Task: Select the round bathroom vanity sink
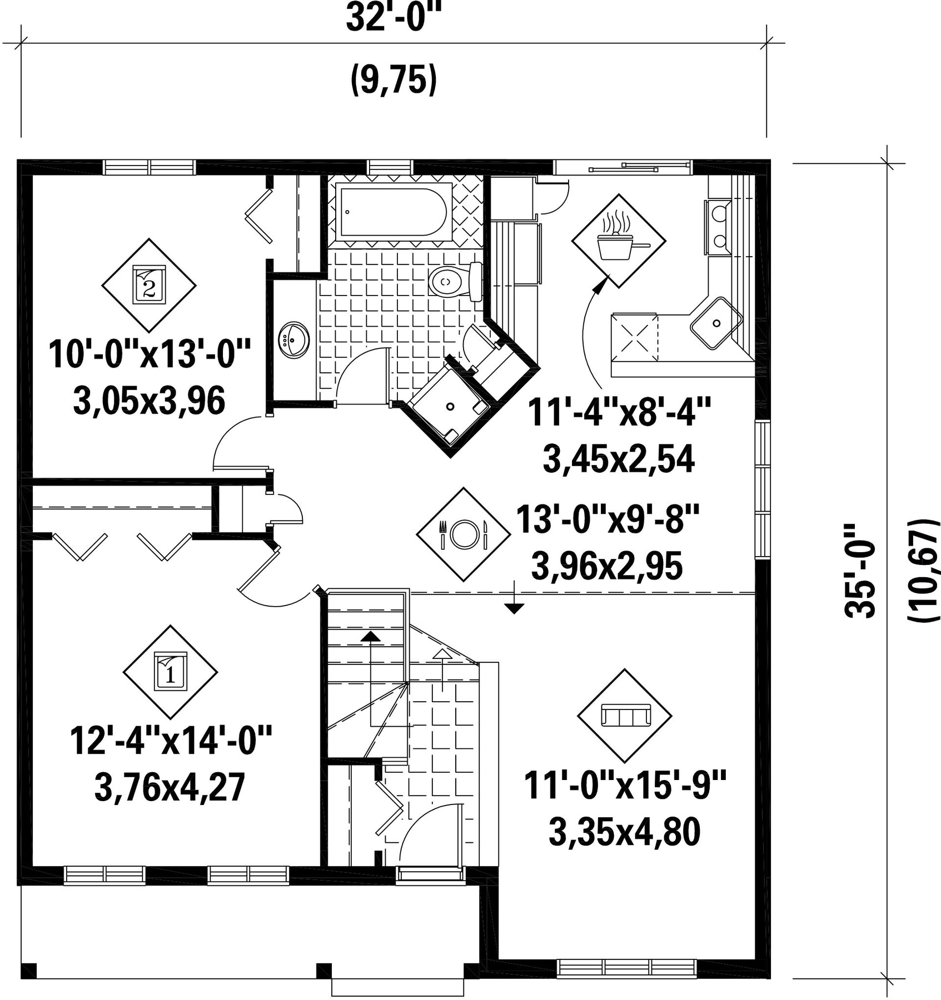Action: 295,339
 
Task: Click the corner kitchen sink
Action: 717,323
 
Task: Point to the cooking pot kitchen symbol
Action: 619,241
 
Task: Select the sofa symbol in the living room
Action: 625,716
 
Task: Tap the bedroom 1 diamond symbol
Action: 170,672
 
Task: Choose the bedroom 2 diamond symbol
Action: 149,285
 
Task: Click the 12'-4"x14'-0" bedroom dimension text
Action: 171,742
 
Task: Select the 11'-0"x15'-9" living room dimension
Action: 625,786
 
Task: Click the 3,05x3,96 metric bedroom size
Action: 149,401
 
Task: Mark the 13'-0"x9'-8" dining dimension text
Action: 607,519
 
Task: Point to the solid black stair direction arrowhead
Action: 371,636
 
